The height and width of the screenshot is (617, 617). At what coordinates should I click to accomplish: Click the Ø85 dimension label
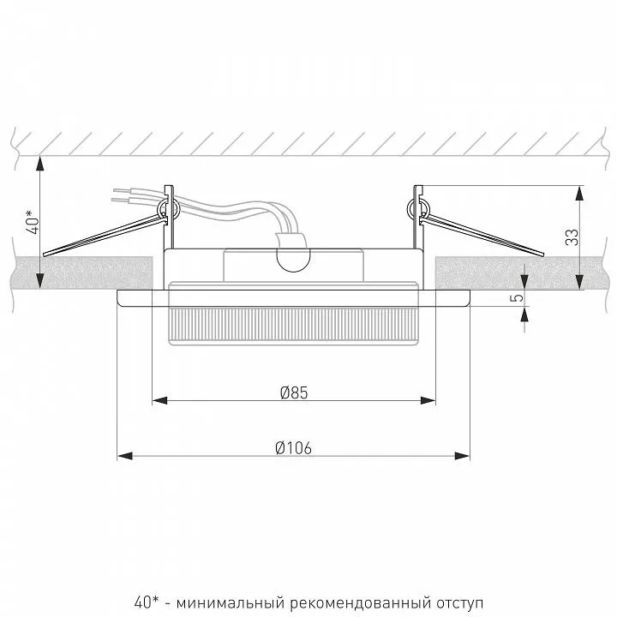[x=294, y=392]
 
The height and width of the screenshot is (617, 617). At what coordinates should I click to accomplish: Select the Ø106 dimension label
[x=294, y=448]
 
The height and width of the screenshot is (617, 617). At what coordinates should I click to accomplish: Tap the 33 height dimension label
[x=572, y=237]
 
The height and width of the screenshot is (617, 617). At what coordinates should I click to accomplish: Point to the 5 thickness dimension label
[x=518, y=298]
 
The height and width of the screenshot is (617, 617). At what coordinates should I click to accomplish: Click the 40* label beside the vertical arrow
[x=33, y=222]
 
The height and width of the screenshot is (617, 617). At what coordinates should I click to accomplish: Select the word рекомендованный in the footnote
[x=360, y=602]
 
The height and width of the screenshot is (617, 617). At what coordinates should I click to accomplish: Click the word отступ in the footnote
[x=459, y=603]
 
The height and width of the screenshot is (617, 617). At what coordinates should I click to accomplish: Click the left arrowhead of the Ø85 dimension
[x=159, y=400]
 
